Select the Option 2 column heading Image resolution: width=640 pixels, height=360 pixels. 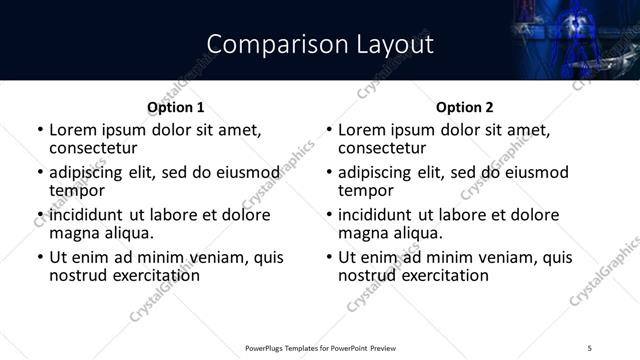point(465,107)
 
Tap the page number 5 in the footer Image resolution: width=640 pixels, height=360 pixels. point(589,347)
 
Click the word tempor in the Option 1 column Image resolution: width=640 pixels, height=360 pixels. point(77,190)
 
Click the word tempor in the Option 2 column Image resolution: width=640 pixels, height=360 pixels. point(366,190)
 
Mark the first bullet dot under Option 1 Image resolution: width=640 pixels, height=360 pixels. point(40,130)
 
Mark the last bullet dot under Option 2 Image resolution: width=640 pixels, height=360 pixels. point(329,258)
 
